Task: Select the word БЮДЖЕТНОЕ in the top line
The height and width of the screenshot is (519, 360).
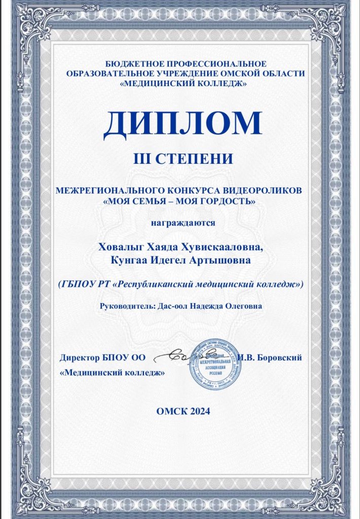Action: coord(133,64)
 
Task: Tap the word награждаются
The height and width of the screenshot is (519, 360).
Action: coord(184,221)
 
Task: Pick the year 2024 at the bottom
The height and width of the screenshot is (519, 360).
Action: coord(197,411)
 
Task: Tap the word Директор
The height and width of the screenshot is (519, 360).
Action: coord(79,357)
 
